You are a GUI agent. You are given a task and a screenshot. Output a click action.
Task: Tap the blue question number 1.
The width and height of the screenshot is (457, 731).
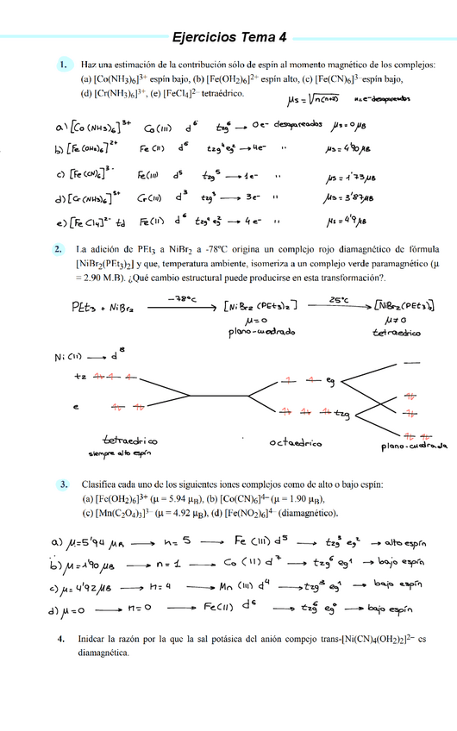[x=63, y=65]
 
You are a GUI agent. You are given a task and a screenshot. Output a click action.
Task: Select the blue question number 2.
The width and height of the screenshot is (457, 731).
[x=59, y=250]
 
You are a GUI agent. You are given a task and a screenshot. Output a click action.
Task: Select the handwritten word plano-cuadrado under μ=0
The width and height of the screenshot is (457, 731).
[x=247, y=332]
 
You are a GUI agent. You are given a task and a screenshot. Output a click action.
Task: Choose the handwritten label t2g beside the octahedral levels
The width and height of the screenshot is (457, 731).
[x=343, y=415]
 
